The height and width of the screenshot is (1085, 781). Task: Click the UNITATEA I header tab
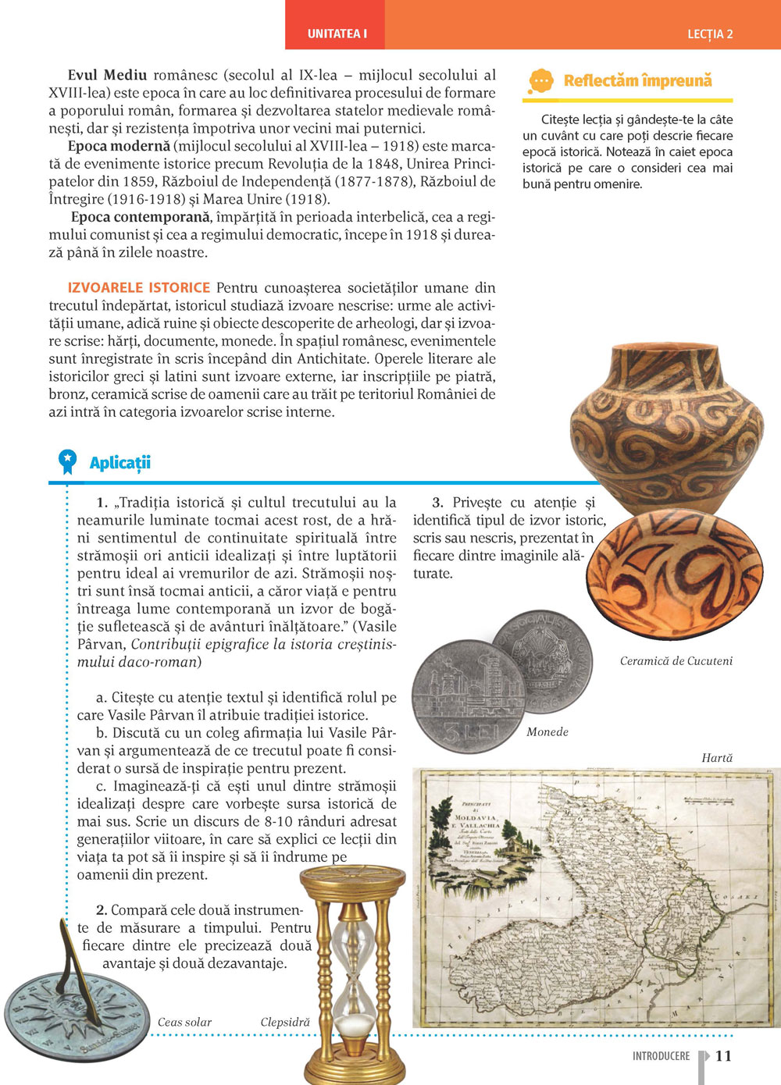(x=337, y=34)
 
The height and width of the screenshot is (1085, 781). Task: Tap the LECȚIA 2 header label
(x=710, y=34)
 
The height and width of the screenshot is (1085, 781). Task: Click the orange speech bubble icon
(x=540, y=81)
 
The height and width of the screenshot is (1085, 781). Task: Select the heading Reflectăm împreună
(x=637, y=80)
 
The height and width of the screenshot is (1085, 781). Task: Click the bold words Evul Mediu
(x=107, y=75)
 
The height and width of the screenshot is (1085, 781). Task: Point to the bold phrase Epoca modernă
(x=119, y=146)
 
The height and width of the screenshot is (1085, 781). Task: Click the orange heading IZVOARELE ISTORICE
(x=139, y=287)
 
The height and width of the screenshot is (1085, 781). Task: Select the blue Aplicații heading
(x=119, y=463)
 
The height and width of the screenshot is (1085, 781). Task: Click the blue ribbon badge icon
(x=68, y=461)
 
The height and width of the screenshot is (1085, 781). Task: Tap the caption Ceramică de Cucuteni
(x=676, y=661)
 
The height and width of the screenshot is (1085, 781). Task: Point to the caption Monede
(x=547, y=732)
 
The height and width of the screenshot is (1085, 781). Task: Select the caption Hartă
(x=717, y=758)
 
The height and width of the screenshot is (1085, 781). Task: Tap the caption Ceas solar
(x=184, y=1023)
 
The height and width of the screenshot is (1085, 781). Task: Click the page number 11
(x=723, y=1056)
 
